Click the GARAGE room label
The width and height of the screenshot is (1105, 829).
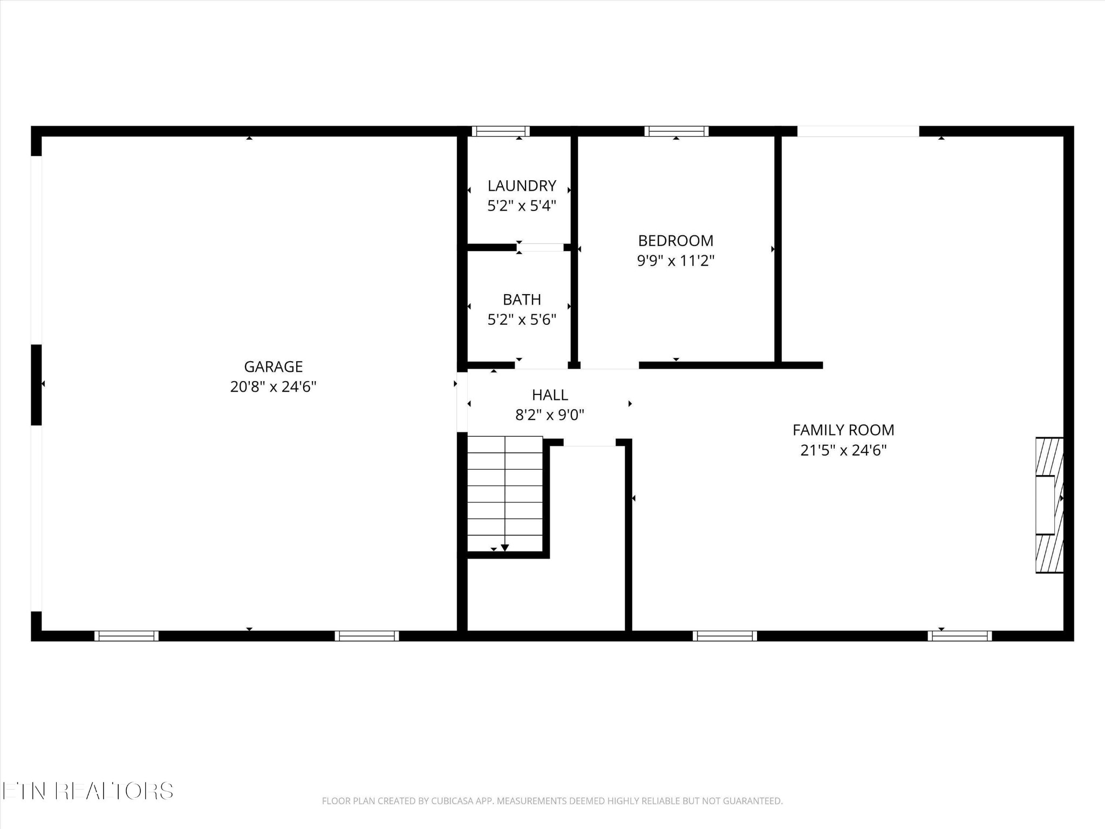273,367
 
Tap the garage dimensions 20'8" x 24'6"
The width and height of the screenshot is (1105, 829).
273,387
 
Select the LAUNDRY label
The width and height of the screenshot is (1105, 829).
522,186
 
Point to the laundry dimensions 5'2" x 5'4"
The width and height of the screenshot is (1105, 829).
522,206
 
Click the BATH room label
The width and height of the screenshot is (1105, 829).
522,300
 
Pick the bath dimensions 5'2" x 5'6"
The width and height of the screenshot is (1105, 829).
522,320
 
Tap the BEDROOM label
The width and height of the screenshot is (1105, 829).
676,241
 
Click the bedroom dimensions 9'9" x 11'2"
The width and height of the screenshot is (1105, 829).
676,261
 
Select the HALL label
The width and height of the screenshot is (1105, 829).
550,395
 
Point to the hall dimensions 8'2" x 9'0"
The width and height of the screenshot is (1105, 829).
550,415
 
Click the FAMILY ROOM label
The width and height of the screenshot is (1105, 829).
843,430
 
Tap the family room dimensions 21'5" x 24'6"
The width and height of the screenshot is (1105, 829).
843,450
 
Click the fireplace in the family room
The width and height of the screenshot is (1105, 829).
1049,505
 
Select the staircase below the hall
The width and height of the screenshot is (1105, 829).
505,494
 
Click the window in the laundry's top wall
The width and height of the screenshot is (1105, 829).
501,131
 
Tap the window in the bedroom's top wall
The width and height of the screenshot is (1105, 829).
676,131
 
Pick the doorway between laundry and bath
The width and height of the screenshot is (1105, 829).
540,248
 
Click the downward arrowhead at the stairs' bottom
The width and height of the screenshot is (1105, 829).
505,548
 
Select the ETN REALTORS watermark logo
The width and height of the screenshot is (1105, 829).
87,791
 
